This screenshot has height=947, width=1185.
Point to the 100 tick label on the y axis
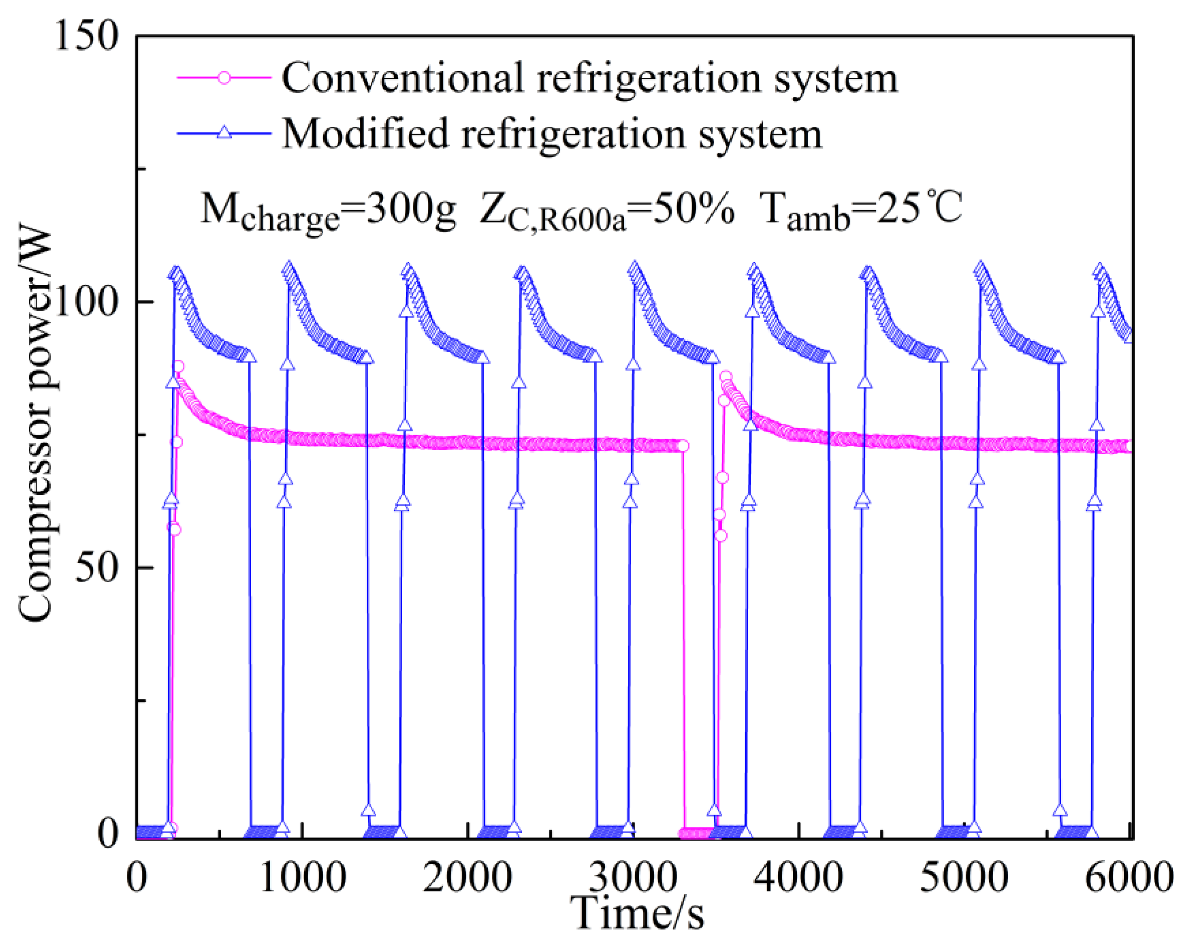click(x=87, y=303)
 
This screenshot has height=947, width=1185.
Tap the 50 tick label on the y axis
click(x=98, y=568)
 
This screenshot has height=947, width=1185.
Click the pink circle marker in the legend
click(x=223, y=77)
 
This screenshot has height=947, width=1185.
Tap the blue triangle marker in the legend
click(x=223, y=133)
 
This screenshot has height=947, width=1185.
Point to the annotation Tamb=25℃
click(x=861, y=210)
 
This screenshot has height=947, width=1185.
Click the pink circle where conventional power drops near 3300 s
click(x=683, y=446)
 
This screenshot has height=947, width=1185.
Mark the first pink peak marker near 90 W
click(x=178, y=367)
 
